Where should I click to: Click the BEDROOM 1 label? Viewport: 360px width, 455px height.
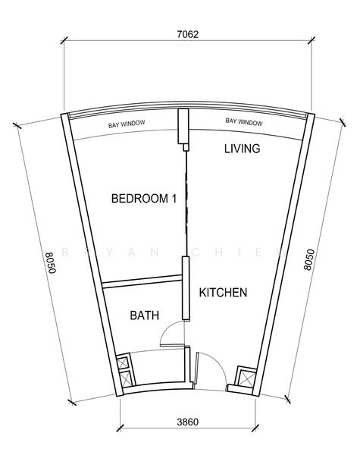pos(144,199)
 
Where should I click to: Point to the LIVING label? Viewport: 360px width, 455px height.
pos(242,149)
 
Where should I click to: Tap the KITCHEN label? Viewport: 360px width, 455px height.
pos(223,293)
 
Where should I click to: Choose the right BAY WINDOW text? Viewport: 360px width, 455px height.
pos(244,122)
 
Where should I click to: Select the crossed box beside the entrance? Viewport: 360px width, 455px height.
pos(246,377)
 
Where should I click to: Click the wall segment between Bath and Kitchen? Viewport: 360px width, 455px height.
pos(183,288)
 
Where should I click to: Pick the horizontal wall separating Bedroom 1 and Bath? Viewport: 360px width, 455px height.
pos(142,284)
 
